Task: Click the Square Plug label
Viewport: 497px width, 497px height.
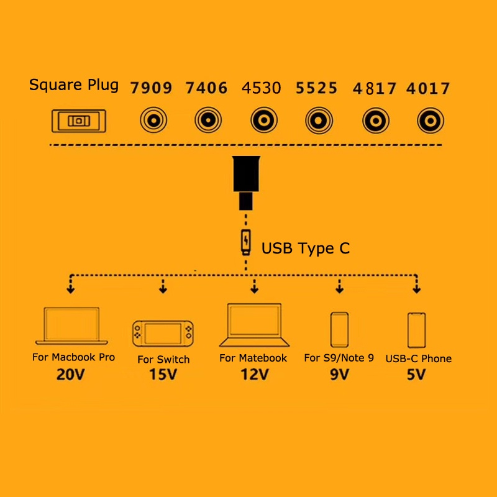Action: (73, 85)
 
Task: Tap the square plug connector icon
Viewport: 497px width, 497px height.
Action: (79, 121)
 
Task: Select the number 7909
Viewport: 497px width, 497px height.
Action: (151, 88)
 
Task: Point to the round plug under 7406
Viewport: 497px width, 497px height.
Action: (208, 120)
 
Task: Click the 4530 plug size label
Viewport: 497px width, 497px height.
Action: (261, 88)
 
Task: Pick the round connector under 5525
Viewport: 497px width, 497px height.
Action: (319, 121)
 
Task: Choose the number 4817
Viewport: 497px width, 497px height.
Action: (375, 88)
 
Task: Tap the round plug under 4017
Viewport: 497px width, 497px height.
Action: (430, 121)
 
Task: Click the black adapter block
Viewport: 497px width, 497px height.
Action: (246, 183)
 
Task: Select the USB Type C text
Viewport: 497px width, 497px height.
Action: (306, 248)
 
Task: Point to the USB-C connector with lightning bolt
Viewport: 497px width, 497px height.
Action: (246, 242)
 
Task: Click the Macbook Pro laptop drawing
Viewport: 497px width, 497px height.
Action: (71, 326)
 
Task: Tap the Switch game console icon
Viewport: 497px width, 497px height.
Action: (163, 334)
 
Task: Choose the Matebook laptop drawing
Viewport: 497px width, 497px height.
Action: (254, 325)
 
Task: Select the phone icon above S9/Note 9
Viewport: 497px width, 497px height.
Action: (339, 330)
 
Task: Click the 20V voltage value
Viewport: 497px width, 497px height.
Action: (70, 375)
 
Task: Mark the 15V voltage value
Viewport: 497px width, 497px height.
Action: (163, 375)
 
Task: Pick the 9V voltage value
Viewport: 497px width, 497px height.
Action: (339, 375)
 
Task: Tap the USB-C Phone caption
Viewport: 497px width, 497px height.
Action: (418, 358)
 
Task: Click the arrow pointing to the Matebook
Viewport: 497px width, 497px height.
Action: (254, 286)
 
